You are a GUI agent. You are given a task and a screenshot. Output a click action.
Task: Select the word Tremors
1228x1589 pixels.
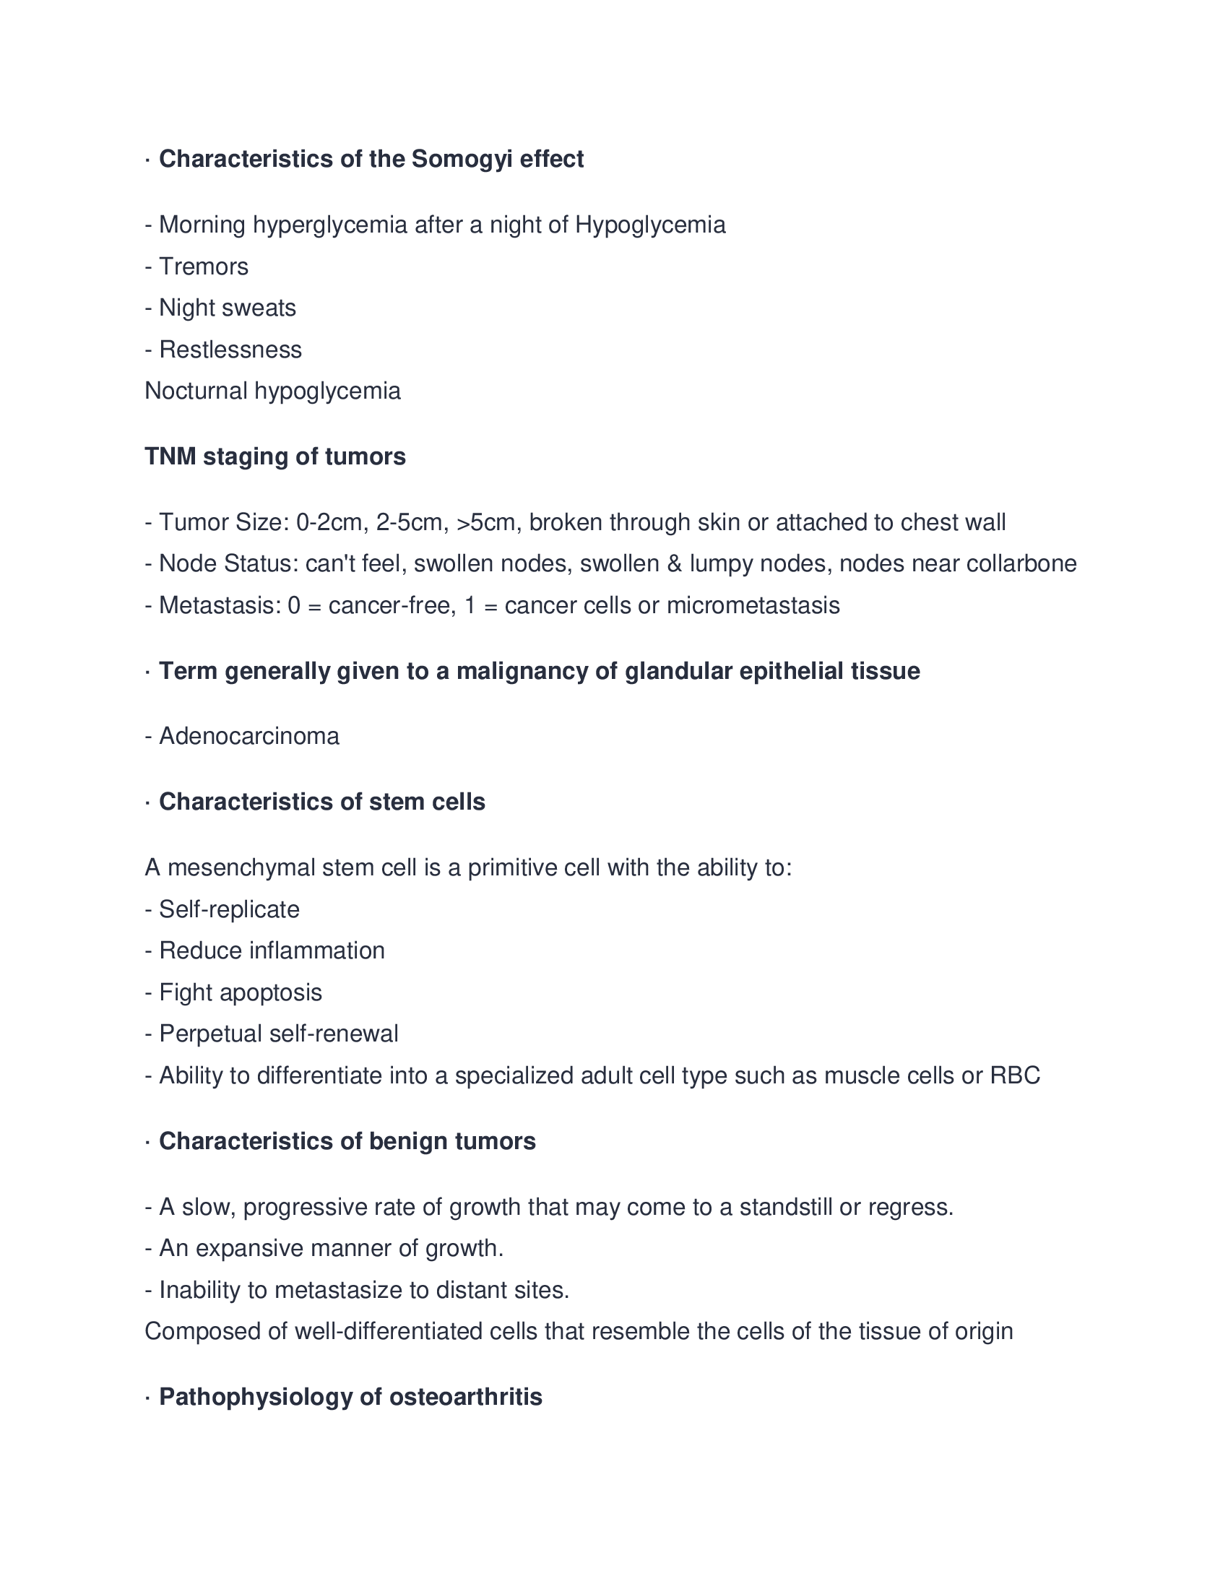pos(204,267)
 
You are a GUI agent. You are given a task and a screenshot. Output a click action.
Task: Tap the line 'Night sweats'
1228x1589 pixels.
pos(227,308)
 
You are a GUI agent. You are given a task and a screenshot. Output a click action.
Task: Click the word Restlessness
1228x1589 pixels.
pos(230,350)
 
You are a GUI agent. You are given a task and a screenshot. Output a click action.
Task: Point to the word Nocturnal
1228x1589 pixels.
pos(196,391)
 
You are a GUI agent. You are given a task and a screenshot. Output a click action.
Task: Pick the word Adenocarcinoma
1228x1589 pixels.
pos(248,736)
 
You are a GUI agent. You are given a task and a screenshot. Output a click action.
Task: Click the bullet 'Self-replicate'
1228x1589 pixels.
pos(229,909)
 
